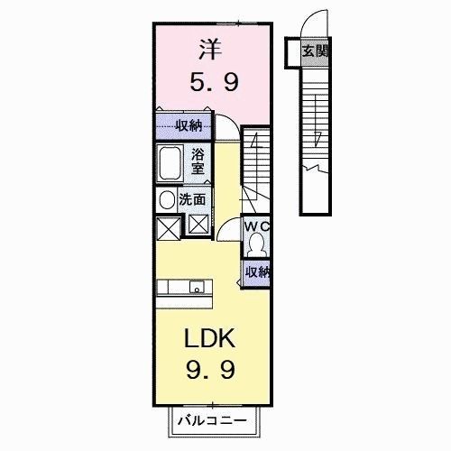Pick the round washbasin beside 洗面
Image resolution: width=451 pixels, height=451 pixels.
click(x=167, y=199)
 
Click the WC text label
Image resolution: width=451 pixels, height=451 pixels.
click(x=257, y=226)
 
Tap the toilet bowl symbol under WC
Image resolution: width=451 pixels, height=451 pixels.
click(x=257, y=244)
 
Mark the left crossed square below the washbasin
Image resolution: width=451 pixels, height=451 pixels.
click(x=168, y=227)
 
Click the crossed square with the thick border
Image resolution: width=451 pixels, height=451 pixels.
click(x=198, y=225)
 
